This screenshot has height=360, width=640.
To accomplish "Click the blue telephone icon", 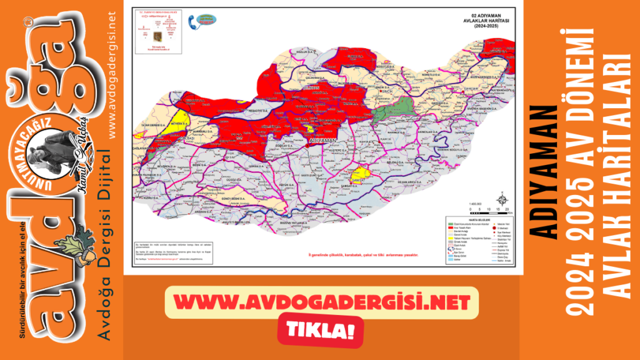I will click(193, 22).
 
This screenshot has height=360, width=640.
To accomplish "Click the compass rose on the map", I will click(500, 201).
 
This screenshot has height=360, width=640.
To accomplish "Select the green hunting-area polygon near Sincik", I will click(390, 111).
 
